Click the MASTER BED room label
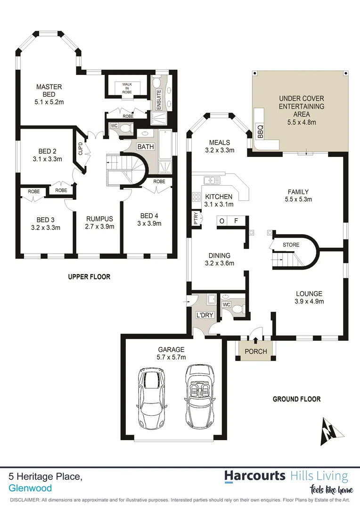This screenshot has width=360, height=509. pos(49,90)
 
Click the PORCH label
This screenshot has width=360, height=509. pos(256,352)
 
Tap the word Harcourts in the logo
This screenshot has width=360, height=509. pos(254,476)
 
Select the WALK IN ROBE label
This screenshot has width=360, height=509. pos(127,88)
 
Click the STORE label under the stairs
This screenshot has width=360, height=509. pos(291,245)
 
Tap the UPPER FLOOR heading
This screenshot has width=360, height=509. pos(89,277)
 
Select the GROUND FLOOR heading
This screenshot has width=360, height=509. pos(296,399)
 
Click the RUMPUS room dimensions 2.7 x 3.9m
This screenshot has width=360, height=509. pos(100,226)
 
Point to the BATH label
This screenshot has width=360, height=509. pos(146,147)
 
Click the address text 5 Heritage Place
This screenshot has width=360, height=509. pos(46,477)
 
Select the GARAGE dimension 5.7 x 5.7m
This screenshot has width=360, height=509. pos(171,357)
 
